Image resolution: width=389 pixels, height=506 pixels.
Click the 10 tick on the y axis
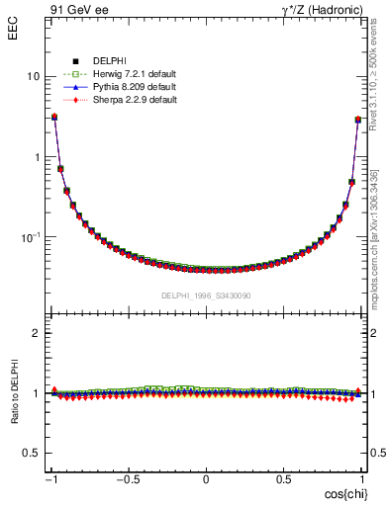coord(34,77)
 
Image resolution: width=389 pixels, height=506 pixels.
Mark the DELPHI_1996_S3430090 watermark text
coord(206,295)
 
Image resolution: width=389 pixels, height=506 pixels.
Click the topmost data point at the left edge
coord(53,117)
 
